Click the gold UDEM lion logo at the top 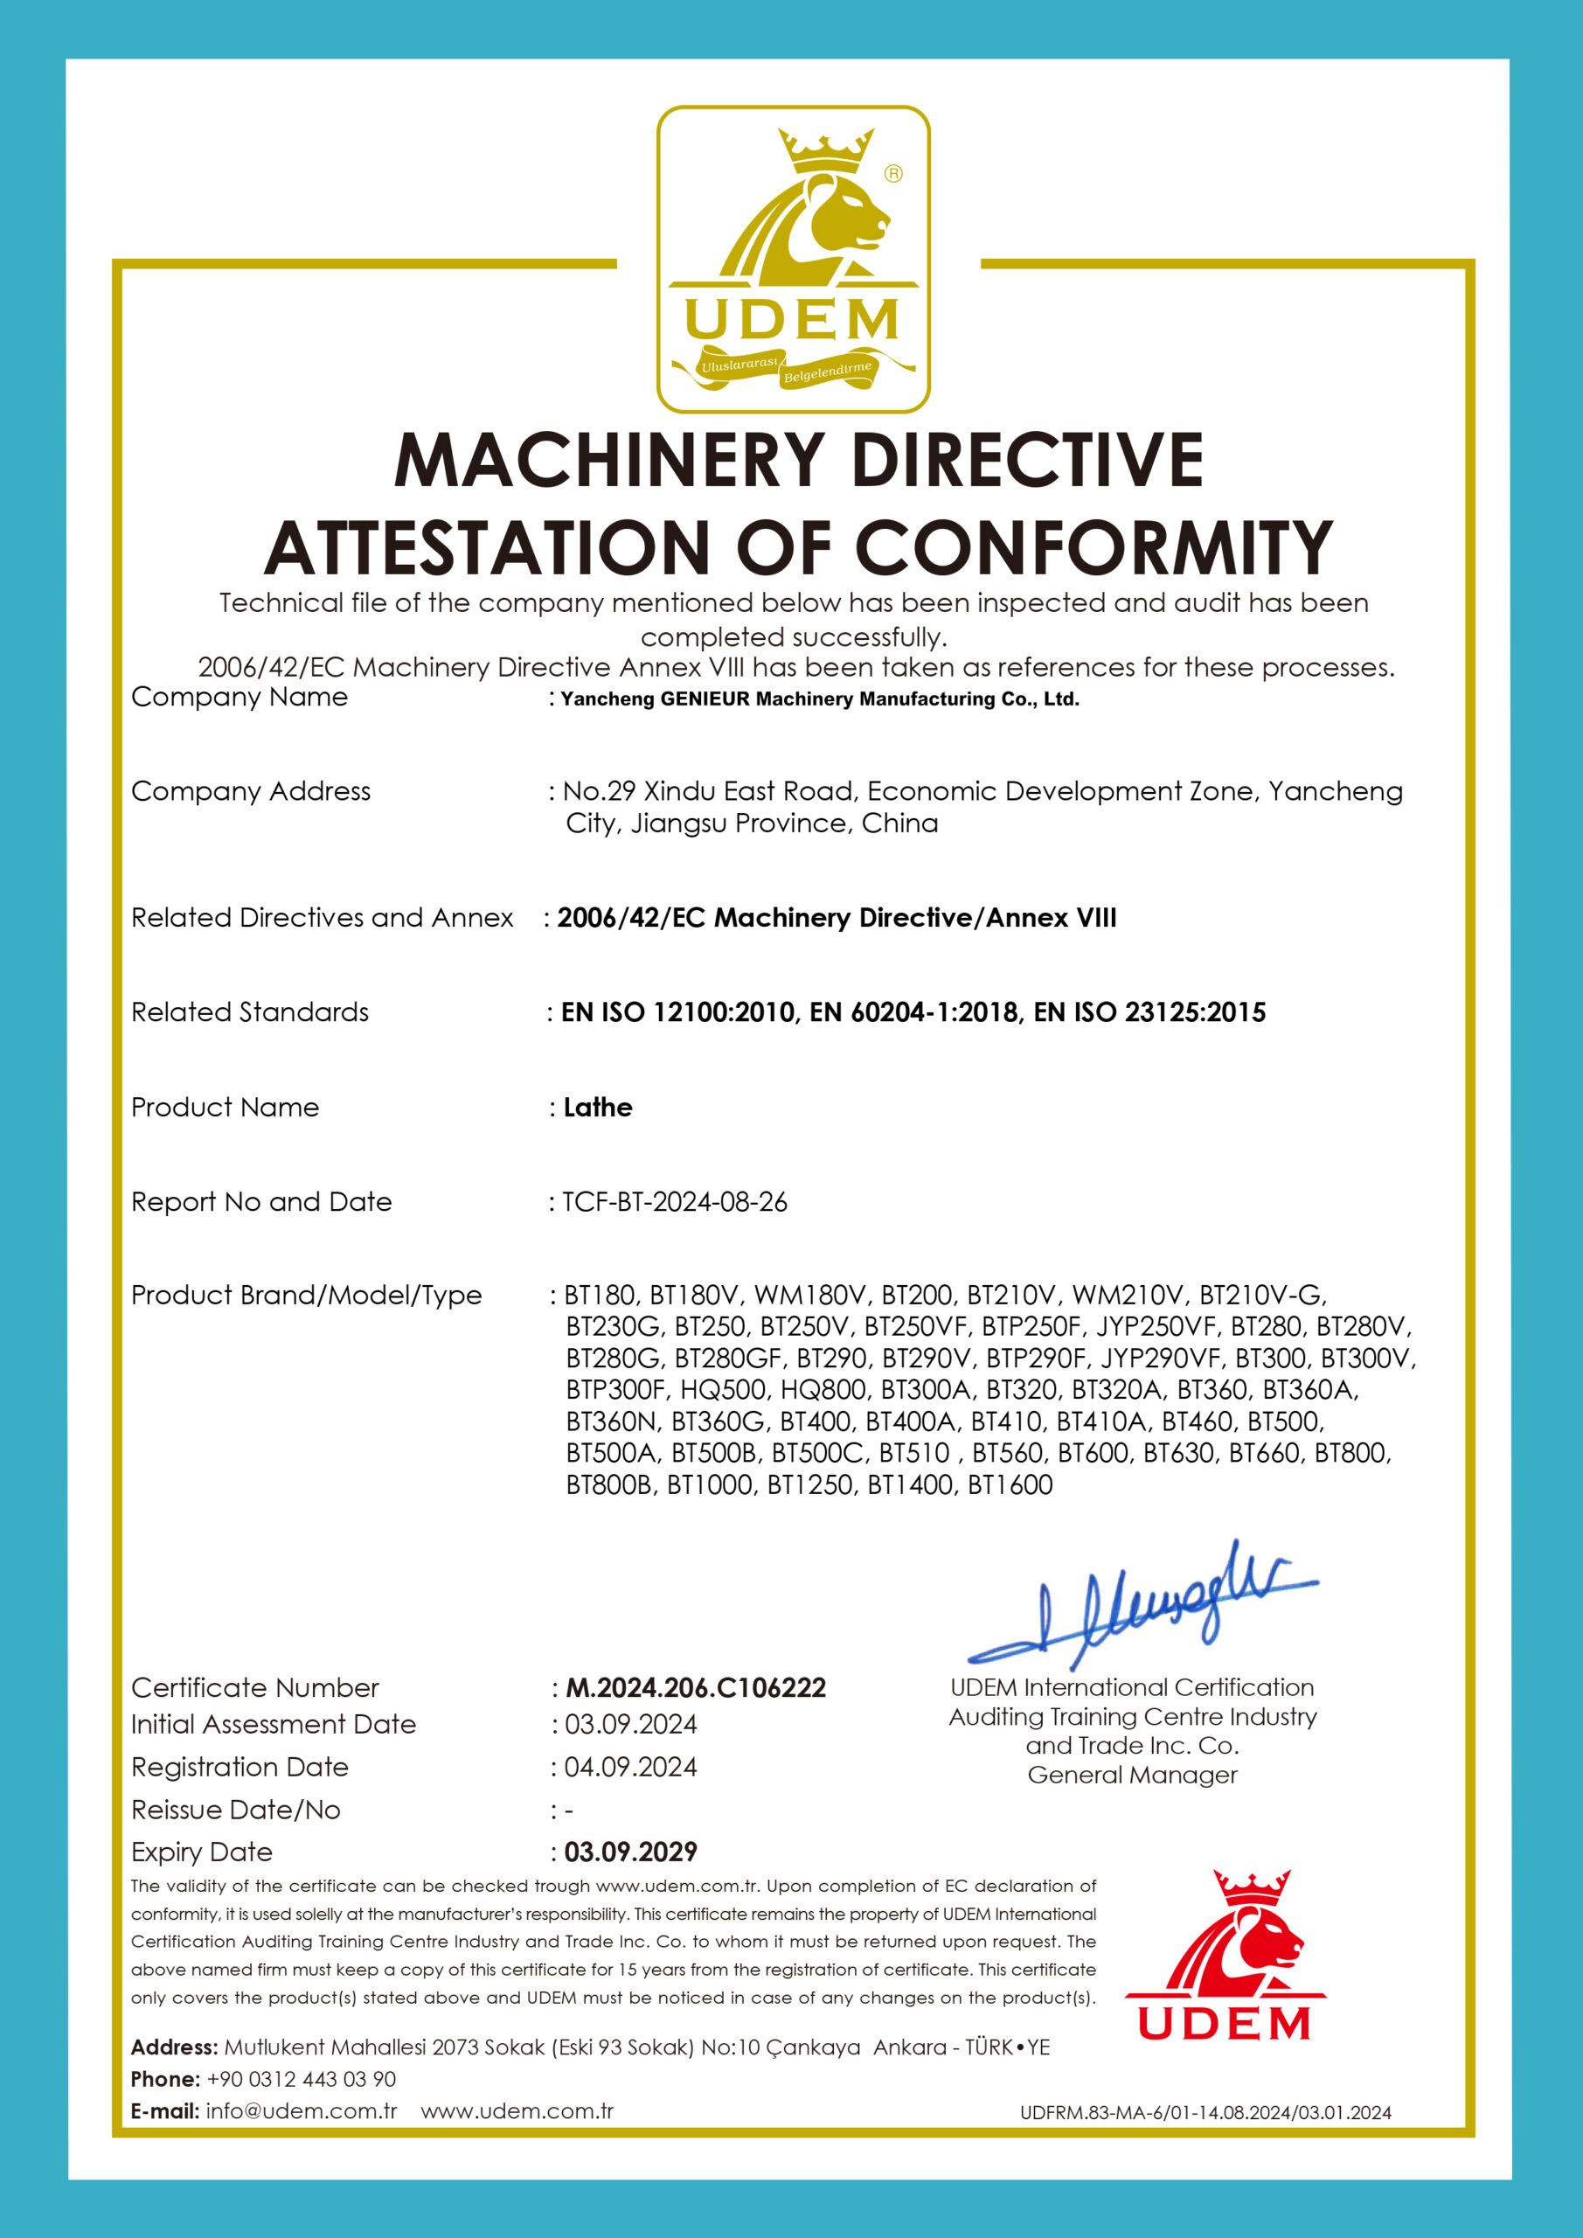[x=793, y=260]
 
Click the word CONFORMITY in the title [x=1094, y=548]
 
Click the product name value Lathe [x=598, y=1108]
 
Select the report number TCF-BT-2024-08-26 [x=675, y=1202]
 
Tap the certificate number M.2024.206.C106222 [x=696, y=1687]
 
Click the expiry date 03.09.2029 [x=631, y=1851]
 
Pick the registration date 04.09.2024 [x=631, y=1767]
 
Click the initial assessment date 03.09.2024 [x=631, y=1724]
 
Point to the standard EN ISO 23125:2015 [x=1149, y=1011]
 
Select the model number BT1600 [x=1010, y=1484]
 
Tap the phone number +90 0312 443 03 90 [x=302, y=2079]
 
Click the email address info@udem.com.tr [x=302, y=2111]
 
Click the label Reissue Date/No [x=236, y=1811]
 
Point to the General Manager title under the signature [x=1132, y=1775]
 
